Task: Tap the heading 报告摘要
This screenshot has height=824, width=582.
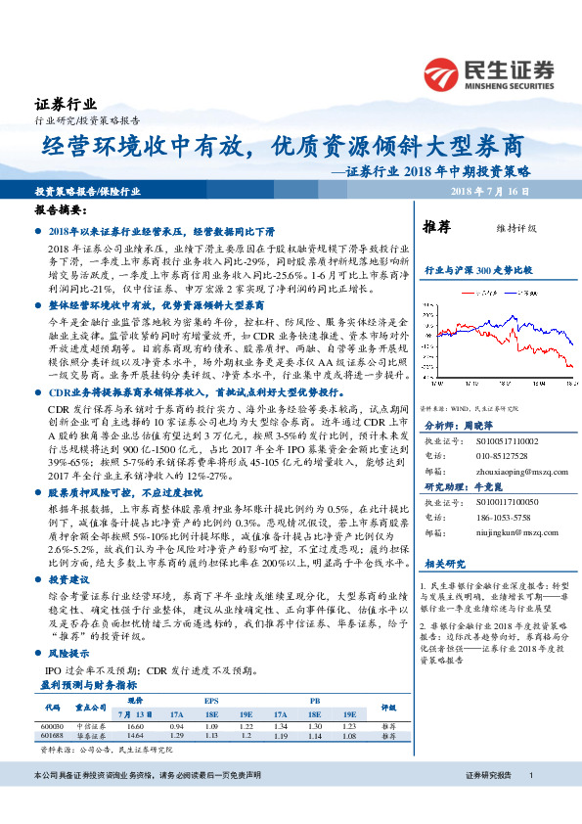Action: coord(62,210)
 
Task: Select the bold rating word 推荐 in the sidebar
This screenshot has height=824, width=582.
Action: coord(436,228)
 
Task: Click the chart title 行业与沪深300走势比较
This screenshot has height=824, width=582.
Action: coord(477,269)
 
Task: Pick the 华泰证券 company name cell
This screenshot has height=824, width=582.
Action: coord(91,737)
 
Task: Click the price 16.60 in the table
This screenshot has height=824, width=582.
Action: coord(135,727)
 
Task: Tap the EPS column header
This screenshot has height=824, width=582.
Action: coord(210,700)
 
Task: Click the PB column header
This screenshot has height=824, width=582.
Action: coord(314,700)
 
